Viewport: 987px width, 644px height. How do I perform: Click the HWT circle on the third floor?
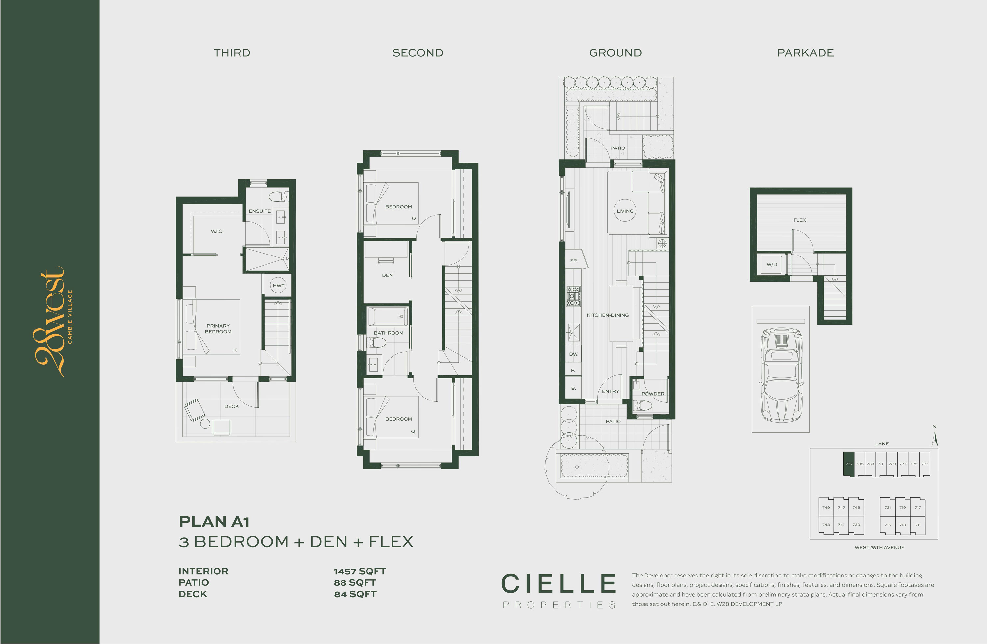tap(278, 285)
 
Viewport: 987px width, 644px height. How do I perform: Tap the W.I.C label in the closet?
tap(216, 231)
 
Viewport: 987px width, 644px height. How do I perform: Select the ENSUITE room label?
tap(260, 211)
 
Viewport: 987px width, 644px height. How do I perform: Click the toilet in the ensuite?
tap(277, 196)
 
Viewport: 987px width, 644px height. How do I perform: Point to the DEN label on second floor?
tap(387, 275)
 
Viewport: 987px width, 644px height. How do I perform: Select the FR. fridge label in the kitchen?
tap(574, 260)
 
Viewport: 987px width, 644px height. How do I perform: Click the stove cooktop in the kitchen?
tap(573, 296)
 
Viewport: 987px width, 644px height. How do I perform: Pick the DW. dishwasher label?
tap(573, 354)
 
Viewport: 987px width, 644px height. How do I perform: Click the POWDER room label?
tap(653, 394)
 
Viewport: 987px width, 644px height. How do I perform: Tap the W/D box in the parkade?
tap(772, 264)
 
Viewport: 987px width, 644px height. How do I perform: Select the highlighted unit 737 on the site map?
tap(849, 464)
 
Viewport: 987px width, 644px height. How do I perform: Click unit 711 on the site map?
tap(918, 525)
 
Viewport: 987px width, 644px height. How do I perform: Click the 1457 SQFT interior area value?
tap(360, 571)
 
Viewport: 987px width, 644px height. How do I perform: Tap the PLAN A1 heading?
tap(214, 522)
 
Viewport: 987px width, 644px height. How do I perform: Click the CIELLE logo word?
tap(559, 583)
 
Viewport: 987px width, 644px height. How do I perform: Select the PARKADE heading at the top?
tap(805, 53)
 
